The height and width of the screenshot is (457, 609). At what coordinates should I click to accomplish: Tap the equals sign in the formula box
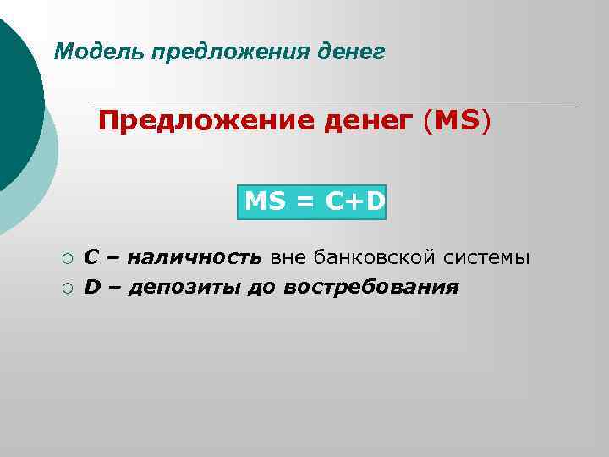(302, 201)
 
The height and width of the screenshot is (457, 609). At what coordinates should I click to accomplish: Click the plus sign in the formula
(350, 201)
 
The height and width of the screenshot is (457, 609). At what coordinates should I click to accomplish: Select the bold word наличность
(199, 256)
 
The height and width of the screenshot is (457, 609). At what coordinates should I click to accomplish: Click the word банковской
(359, 256)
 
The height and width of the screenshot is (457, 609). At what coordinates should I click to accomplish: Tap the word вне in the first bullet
(286, 256)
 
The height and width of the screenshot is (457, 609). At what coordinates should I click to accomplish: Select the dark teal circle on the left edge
(17, 102)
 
